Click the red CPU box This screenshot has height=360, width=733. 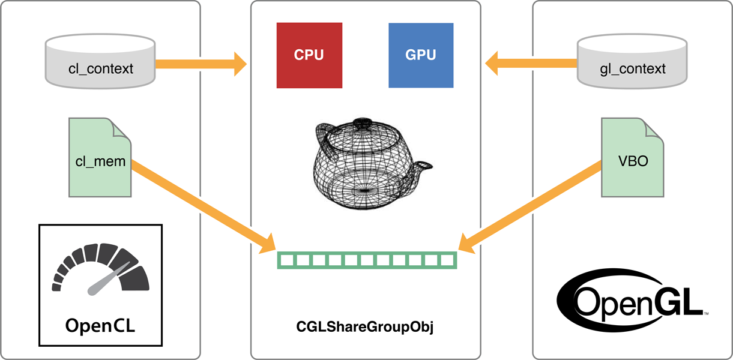click(309, 55)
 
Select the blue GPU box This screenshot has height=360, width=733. click(421, 55)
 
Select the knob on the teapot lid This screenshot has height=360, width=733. click(363, 122)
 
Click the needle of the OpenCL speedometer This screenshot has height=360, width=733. click(109, 279)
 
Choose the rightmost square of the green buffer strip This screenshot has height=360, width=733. click(447, 260)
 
